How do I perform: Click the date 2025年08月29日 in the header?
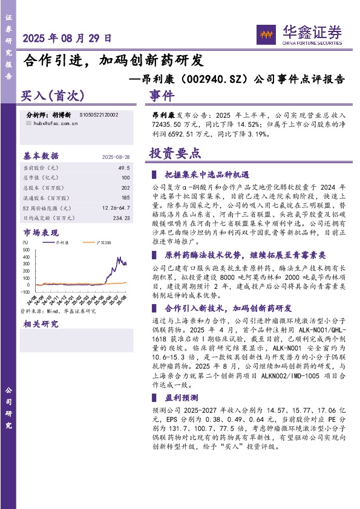67,38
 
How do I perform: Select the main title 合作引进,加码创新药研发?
113,60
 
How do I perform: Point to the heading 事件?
162,96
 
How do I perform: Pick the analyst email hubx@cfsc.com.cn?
56,123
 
